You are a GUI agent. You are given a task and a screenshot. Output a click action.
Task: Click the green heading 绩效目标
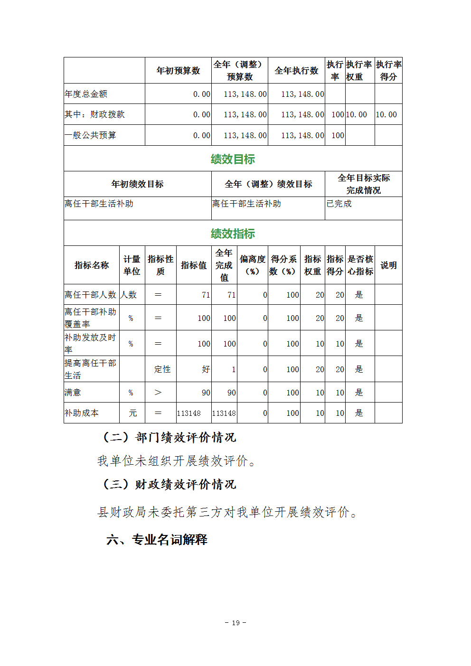[233, 159]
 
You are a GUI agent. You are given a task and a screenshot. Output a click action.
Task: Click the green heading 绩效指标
[233, 234]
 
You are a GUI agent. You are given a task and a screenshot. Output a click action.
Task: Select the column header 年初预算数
[178, 71]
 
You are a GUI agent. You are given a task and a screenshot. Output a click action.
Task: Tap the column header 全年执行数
[296, 71]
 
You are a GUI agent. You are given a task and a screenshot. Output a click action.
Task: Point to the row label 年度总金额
[86, 94]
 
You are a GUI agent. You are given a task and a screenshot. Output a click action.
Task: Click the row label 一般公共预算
[90, 135]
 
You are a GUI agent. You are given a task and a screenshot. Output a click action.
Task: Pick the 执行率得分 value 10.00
[386, 114]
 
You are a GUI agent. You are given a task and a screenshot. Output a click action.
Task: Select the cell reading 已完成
[339, 204]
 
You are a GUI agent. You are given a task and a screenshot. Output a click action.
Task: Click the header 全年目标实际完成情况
[364, 184]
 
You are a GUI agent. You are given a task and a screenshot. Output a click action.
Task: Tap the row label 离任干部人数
[90, 295]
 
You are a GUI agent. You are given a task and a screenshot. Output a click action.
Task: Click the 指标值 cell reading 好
[206, 369]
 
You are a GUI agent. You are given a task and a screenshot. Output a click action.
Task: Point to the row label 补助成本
[82, 413]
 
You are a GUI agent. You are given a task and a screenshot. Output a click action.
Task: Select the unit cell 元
[133, 413]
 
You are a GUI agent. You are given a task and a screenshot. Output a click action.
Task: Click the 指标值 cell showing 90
[206, 393]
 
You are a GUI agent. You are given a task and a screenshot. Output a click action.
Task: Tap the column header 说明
[388, 265]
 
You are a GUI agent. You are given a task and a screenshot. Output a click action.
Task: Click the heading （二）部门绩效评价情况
[169, 437]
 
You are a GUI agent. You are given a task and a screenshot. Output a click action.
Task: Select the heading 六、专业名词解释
[157, 540]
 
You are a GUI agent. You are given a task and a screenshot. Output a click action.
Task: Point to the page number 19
[235, 623]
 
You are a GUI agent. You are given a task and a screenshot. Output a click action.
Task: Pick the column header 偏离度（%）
[253, 265]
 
